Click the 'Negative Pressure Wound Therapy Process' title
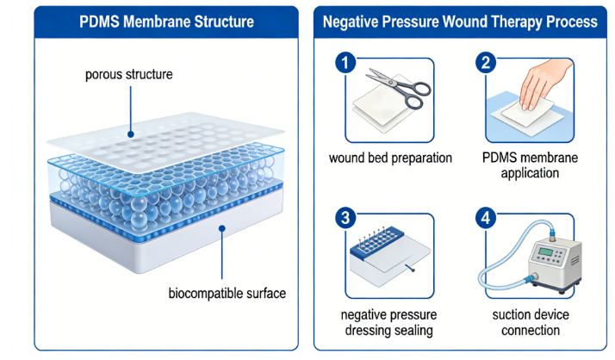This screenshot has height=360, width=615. [x=460, y=21]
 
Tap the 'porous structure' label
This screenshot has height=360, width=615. [x=128, y=74]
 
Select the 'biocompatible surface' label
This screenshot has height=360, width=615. [x=227, y=293]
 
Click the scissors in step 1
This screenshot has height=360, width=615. [x=395, y=88]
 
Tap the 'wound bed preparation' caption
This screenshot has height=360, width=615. [x=389, y=158]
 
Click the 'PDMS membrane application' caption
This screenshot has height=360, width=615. [x=529, y=165]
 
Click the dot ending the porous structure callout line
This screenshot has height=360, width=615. [x=129, y=133]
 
